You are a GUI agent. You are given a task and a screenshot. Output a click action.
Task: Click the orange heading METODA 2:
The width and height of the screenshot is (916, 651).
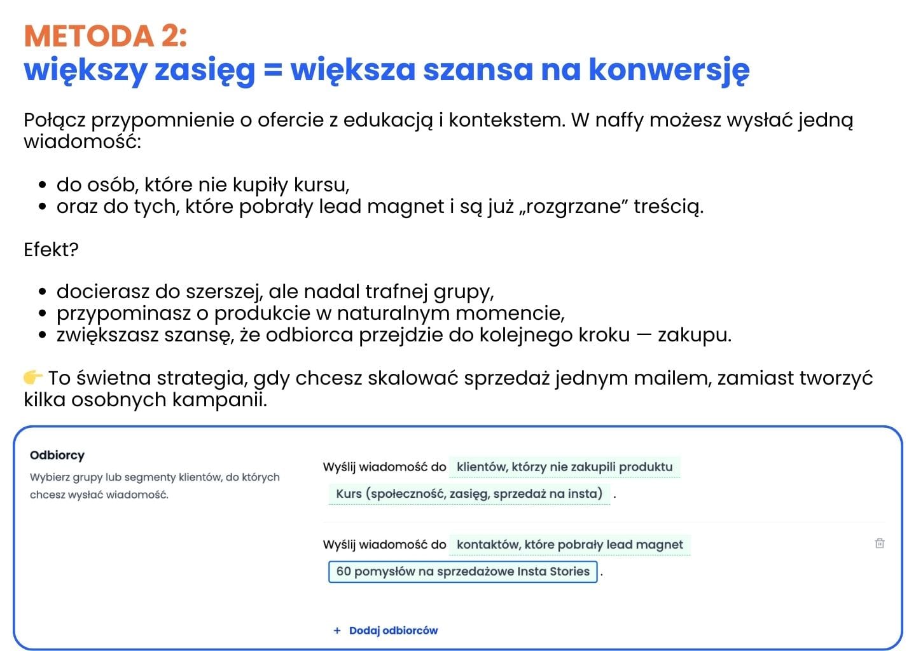tap(106, 36)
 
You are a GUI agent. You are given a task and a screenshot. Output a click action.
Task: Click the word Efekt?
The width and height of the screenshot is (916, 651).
tap(51, 249)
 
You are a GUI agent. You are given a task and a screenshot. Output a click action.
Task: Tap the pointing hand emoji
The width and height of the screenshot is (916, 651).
tap(33, 378)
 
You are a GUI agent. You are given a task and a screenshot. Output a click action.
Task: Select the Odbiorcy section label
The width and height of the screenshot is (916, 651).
tap(57, 455)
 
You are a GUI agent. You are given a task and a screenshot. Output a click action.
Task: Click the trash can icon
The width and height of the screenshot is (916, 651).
tap(879, 543)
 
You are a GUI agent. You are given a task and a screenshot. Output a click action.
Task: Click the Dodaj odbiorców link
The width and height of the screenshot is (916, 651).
tap(393, 630)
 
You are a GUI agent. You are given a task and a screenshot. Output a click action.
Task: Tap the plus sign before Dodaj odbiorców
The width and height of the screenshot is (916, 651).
tap(337, 630)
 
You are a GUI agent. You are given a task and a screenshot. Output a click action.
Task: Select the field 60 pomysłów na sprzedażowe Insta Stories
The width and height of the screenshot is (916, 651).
tap(462, 571)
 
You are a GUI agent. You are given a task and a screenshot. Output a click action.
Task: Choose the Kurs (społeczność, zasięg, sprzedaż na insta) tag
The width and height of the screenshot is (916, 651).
tap(469, 493)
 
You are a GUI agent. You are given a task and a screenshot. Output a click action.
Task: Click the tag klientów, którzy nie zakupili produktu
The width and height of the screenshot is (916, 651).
tap(564, 467)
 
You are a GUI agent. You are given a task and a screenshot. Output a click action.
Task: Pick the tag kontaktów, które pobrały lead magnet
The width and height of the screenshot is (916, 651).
tap(569, 544)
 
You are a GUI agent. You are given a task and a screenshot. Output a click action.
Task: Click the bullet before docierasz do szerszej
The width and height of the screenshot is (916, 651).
tap(43, 292)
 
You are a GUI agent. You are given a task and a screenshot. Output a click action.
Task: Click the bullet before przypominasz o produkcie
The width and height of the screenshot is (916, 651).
tap(43, 313)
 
